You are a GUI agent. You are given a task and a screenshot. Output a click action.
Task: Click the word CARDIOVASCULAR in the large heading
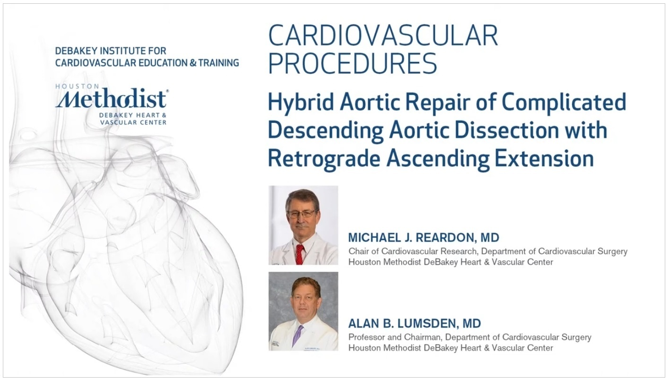click(383, 35)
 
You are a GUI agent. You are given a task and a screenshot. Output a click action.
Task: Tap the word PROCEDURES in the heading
click(352, 63)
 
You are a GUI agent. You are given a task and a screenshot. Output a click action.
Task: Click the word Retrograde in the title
click(324, 159)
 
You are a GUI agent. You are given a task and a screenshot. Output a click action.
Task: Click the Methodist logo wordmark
click(111, 98)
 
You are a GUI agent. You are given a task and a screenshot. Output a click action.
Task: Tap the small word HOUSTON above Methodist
click(77, 86)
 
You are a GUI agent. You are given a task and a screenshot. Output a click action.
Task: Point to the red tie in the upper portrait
click(300, 254)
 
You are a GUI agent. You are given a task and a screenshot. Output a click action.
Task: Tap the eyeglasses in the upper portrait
click(301, 214)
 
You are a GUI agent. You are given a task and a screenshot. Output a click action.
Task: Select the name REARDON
click(446, 238)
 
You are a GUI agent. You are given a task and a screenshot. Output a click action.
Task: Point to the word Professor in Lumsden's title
click(366, 337)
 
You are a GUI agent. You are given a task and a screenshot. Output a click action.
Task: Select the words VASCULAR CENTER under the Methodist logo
click(133, 122)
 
